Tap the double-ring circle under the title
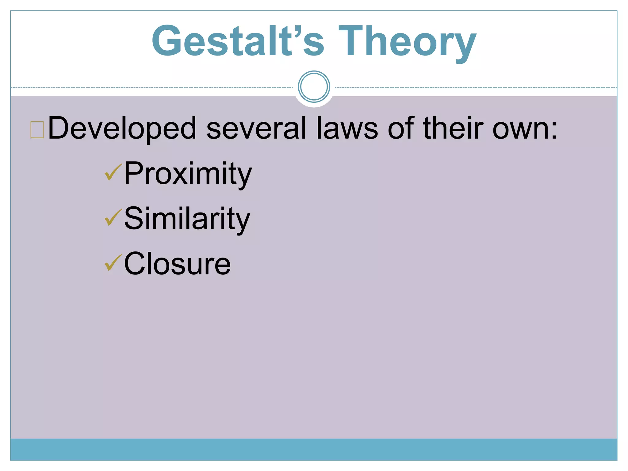(x=314, y=86)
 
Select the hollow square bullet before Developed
(x=37, y=130)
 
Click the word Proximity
(x=188, y=174)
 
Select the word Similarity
(x=187, y=219)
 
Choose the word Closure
(x=177, y=264)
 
